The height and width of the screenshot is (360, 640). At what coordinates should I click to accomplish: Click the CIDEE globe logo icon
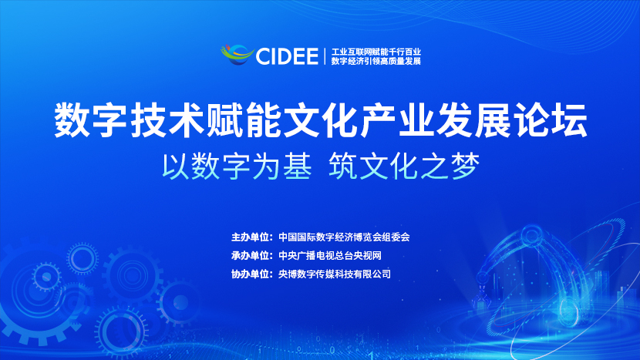[x=237, y=55]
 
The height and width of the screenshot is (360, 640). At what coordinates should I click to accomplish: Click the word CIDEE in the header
[x=287, y=56]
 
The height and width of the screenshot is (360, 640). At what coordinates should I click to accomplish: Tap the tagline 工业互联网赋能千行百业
[x=376, y=52]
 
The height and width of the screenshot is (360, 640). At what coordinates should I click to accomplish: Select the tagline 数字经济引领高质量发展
[x=376, y=61]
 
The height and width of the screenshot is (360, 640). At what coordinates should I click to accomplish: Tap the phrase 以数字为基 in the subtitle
[x=237, y=167]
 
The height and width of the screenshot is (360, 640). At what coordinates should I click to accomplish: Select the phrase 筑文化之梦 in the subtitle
[x=404, y=167]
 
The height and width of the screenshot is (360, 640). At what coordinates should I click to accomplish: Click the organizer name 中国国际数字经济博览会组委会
[x=344, y=237]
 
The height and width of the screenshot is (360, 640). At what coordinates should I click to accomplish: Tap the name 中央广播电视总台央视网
[x=330, y=255]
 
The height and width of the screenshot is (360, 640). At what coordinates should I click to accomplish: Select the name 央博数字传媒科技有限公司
[x=335, y=274]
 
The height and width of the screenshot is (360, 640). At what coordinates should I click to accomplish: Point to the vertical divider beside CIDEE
[x=325, y=56]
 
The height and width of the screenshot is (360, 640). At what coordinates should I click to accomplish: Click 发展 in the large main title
[x=474, y=121]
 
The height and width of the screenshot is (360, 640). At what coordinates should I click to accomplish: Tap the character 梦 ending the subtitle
[x=465, y=167]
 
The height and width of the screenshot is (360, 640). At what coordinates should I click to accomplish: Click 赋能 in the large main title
[x=244, y=121]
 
